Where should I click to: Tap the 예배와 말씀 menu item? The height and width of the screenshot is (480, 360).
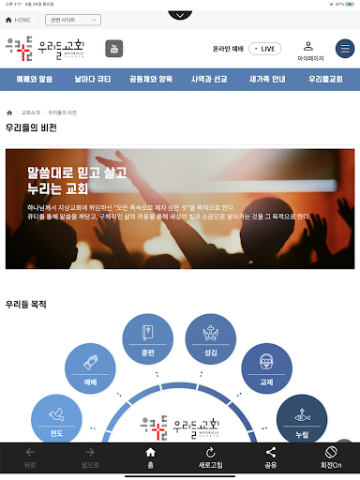pyautogui.click(x=36, y=80)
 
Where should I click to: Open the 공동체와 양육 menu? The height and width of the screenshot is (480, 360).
pyautogui.click(x=152, y=80)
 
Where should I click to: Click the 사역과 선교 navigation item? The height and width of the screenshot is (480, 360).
pyautogui.click(x=210, y=80)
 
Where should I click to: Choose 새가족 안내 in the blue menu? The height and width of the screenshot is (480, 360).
pyautogui.click(x=268, y=80)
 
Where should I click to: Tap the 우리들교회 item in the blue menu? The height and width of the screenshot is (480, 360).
pyautogui.click(x=326, y=80)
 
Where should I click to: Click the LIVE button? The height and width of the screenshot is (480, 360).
pyautogui.click(x=265, y=49)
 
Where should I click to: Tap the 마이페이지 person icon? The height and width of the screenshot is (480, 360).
pyautogui.click(x=309, y=48)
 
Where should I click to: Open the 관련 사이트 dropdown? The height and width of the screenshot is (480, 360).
pyautogui.click(x=74, y=19)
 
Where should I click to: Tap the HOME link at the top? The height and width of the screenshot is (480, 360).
pyautogui.click(x=19, y=19)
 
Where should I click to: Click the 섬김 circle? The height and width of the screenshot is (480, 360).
pyautogui.click(x=210, y=337)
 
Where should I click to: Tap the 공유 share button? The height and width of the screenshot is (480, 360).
pyautogui.click(x=270, y=458)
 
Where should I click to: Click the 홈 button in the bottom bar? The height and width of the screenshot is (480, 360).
pyautogui.click(x=149, y=458)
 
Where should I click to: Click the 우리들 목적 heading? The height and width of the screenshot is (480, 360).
pyautogui.click(x=26, y=304)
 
